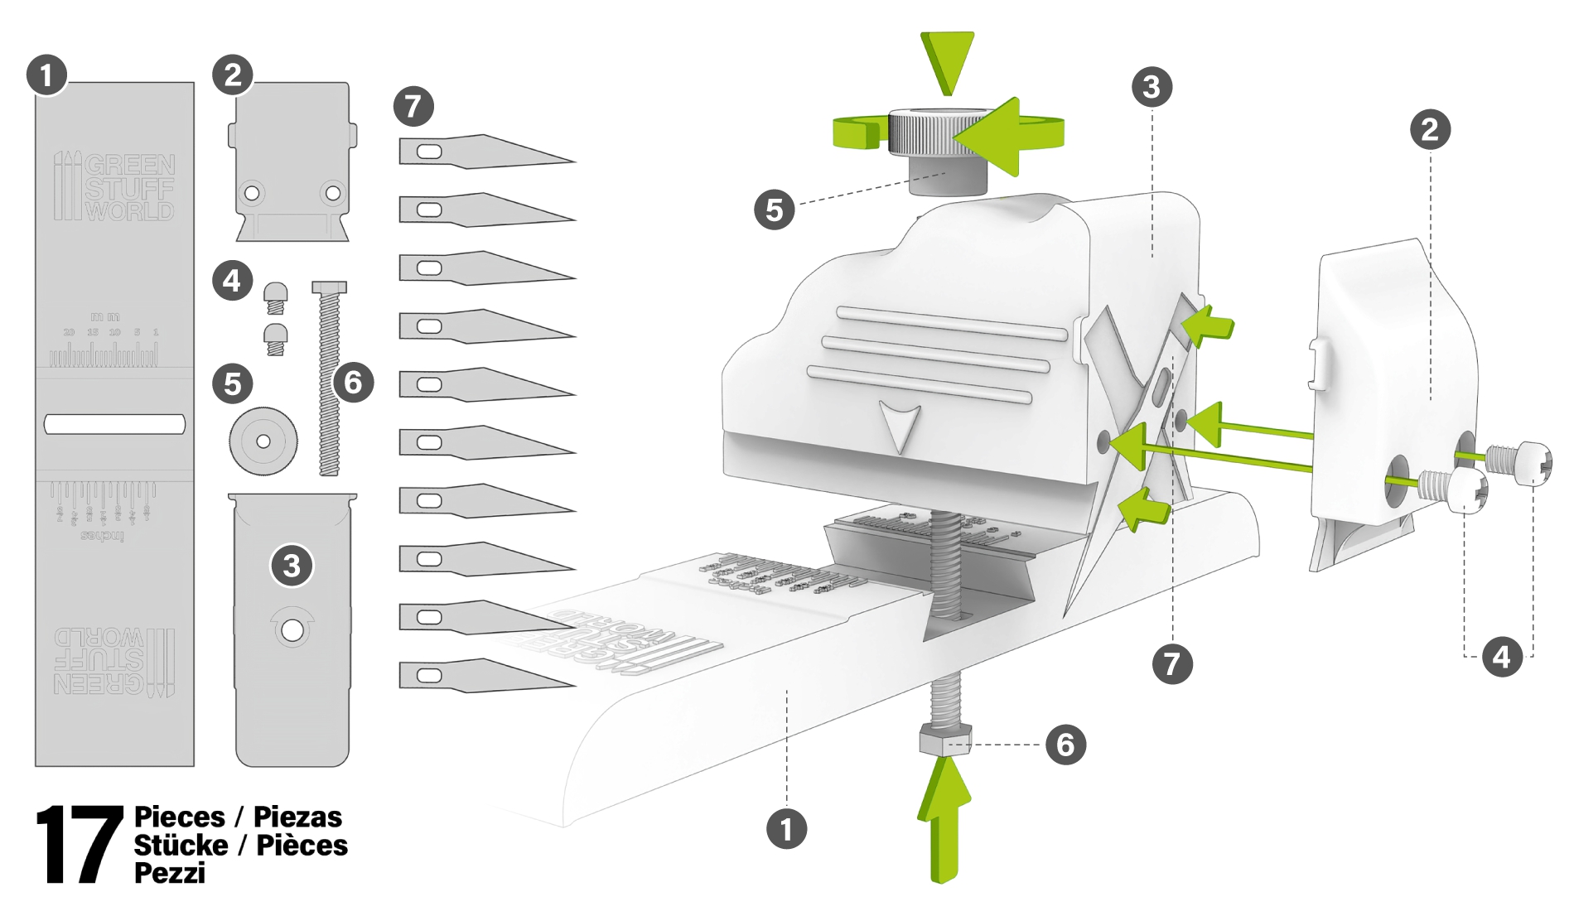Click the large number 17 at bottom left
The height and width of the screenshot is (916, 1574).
tap(79, 845)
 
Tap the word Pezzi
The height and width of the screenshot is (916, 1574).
tap(170, 873)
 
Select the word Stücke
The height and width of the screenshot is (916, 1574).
tap(181, 845)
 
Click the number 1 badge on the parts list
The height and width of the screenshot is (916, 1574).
tap(46, 75)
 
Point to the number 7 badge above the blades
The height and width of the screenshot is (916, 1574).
tap(413, 106)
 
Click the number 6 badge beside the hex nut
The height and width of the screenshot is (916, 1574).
tap(1065, 745)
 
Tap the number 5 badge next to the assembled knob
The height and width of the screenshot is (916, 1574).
tap(775, 210)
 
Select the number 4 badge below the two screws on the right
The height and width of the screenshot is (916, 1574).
tap(1502, 657)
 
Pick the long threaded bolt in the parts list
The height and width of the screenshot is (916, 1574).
tap(329, 379)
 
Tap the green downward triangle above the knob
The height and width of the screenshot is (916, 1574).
tap(947, 60)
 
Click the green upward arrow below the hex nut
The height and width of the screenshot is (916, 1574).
tap(944, 820)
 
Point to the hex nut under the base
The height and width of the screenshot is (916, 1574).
tap(945, 738)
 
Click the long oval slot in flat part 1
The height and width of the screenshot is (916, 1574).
tap(114, 424)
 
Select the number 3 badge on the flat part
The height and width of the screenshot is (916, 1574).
tap(292, 566)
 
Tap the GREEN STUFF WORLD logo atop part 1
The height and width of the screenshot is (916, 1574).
tap(114, 186)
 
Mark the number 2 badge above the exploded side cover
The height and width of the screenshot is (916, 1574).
tap(1430, 130)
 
